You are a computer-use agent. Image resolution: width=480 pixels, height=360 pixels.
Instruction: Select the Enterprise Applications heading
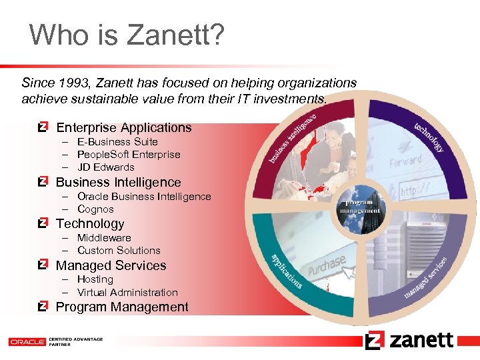[123, 128]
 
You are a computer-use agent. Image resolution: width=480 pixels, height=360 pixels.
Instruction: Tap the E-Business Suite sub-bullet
[117, 142]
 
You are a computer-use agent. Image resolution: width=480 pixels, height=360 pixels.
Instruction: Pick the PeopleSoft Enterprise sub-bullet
[129, 155]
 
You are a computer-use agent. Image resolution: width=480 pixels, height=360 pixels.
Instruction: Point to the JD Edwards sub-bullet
[105, 167]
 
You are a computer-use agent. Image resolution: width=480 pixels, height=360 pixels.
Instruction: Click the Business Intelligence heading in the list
[118, 183]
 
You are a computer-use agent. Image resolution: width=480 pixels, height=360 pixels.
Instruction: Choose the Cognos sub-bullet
[95, 209]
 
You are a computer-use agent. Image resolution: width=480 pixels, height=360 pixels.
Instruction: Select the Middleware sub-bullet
[104, 238]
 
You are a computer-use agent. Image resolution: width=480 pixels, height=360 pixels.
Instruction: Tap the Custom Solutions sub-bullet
[119, 251]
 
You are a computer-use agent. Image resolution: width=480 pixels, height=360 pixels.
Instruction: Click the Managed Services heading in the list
[111, 266]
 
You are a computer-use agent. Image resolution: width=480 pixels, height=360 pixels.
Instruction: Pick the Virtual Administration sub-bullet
[127, 293]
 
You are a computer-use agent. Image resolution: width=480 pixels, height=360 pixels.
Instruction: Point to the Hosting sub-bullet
[95, 279]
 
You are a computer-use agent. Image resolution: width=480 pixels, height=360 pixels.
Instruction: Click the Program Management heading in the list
[122, 307]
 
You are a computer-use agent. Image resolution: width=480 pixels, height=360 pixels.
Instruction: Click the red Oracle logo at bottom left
[27, 342]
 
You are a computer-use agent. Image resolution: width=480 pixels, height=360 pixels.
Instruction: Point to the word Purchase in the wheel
[326, 264]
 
